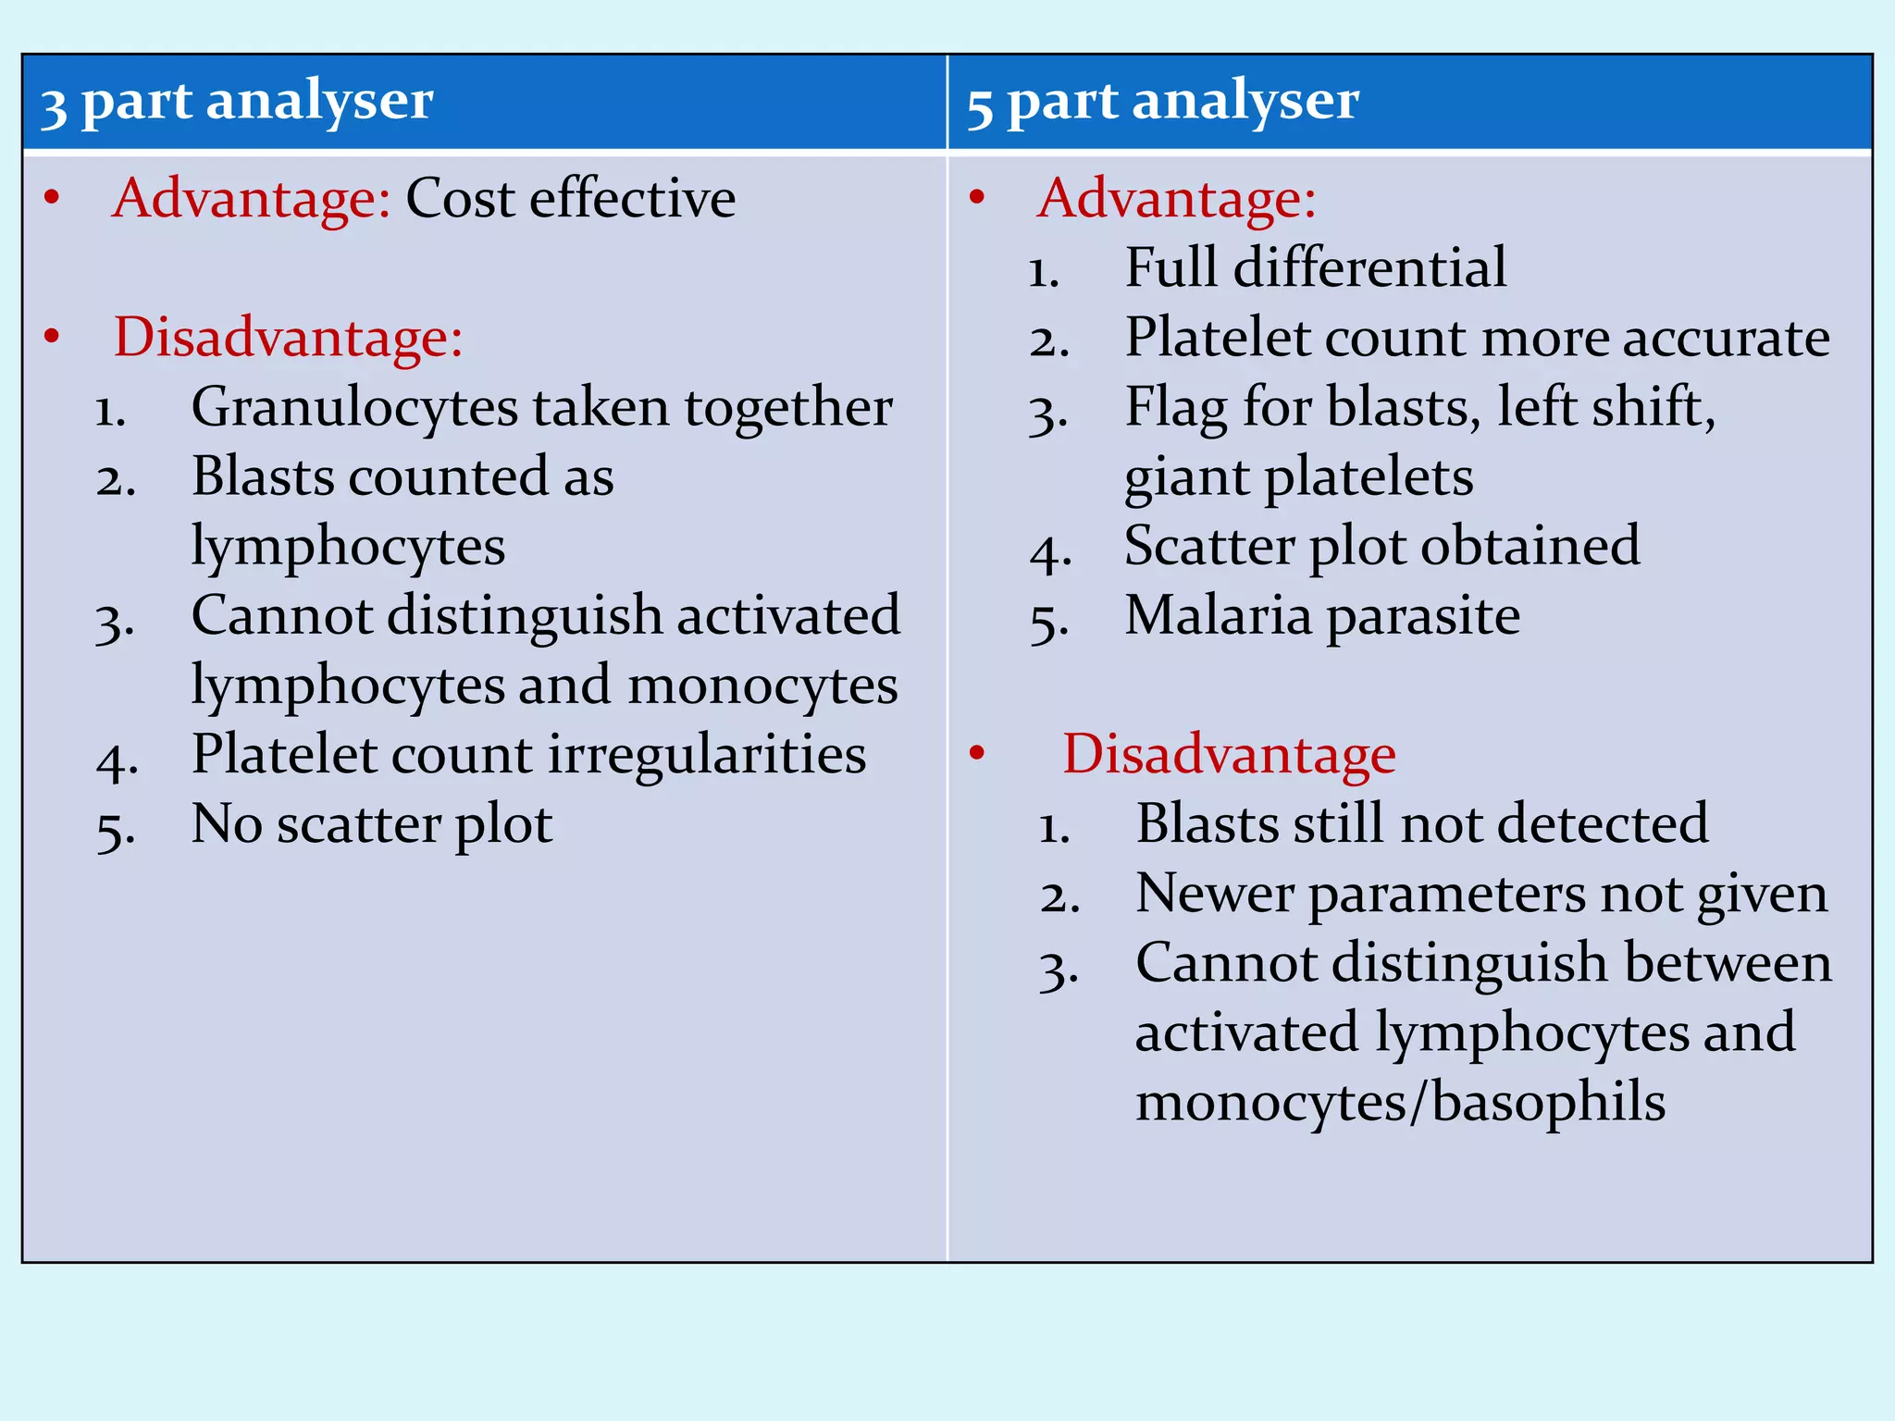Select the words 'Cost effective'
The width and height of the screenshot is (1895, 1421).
click(570, 198)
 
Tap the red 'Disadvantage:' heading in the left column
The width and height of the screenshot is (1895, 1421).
click(288, 337)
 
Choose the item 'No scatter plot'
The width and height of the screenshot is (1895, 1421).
click(371, 823)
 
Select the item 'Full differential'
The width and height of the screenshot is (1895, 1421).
click(1315, 267)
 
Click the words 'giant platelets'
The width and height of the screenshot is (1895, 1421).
click(1298, 477)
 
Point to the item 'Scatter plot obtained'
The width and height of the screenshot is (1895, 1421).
click(1381, 546)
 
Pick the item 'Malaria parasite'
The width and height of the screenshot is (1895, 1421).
click(1321, 615)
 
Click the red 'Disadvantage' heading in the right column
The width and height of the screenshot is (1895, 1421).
click(1229, 754)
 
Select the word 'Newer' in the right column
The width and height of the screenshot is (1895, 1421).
click(1215, 894)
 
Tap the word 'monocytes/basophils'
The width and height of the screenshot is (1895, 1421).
click(1400, 1102)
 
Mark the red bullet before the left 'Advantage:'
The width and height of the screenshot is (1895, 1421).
click(52, 197)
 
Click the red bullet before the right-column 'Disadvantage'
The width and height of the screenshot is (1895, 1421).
click(977, 753)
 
